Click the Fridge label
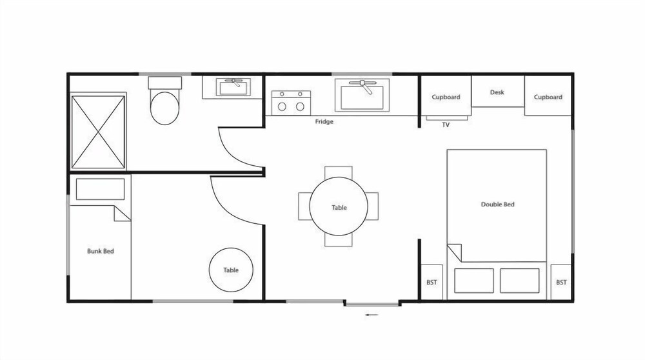[x=324, y=121]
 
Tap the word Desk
[x=497, y=92]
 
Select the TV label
[x=446, y=125]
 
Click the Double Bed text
[x=498, y=204]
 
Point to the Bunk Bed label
[x=101, y=251]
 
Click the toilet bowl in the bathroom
[x=164, y=108]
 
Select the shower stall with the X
[x=98, y=132]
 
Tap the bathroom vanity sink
[x=233, y=87]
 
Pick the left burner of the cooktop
[x=282, y=106]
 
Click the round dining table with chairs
[x=339, y=206]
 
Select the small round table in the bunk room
[x=231, y=270]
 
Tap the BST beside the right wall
[x=561, y=282]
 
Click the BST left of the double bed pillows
[x=432, y=282]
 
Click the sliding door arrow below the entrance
[x=372, y=315]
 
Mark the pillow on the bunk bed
[x=100, y=189]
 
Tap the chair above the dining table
[x=338, y=173]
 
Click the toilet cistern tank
[x=164, y=83]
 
